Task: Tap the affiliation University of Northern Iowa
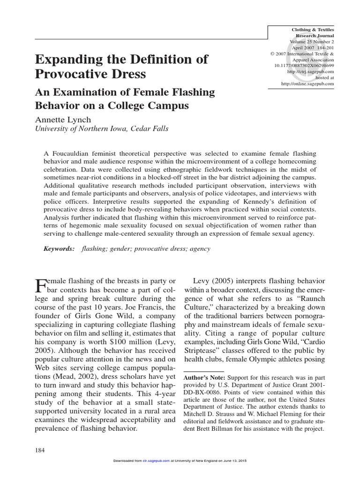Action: tap(84, 129)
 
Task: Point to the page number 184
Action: tap(40, 450)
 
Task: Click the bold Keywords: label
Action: tap(59, 249)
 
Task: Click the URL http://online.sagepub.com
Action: tap(307, 83)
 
